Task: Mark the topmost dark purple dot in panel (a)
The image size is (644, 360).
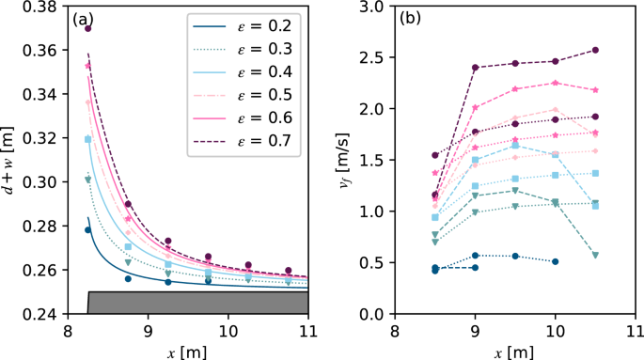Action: [x=87, y=28]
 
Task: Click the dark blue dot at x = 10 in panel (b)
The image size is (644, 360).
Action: [x=556, y=261]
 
